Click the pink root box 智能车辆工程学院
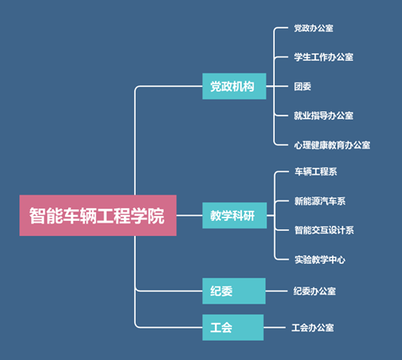tap(98, 215)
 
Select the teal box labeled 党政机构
tap(234, 86)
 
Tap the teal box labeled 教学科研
tap(234, 215)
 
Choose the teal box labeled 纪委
tap(234, 291)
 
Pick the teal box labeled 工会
tap(233, 327)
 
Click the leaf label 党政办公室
tap(314, 28)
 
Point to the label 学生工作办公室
tap(324, 57)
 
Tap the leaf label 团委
tap(303, 86)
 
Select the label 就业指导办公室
tap(324, 116)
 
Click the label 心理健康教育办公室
tap(332, 145)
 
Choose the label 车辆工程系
tap(316, 171)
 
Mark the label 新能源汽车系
tap(320, 201)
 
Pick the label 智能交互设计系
tap(324, 230)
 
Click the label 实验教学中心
tap(320, 260)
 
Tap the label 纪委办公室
tap(314, 291)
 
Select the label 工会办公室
tap(313, 327)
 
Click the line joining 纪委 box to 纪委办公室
tap(276, 291)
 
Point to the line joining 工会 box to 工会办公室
tap(275, 327)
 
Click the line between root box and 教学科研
tap(190, 215)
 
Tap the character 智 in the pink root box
tap(38, 216)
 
